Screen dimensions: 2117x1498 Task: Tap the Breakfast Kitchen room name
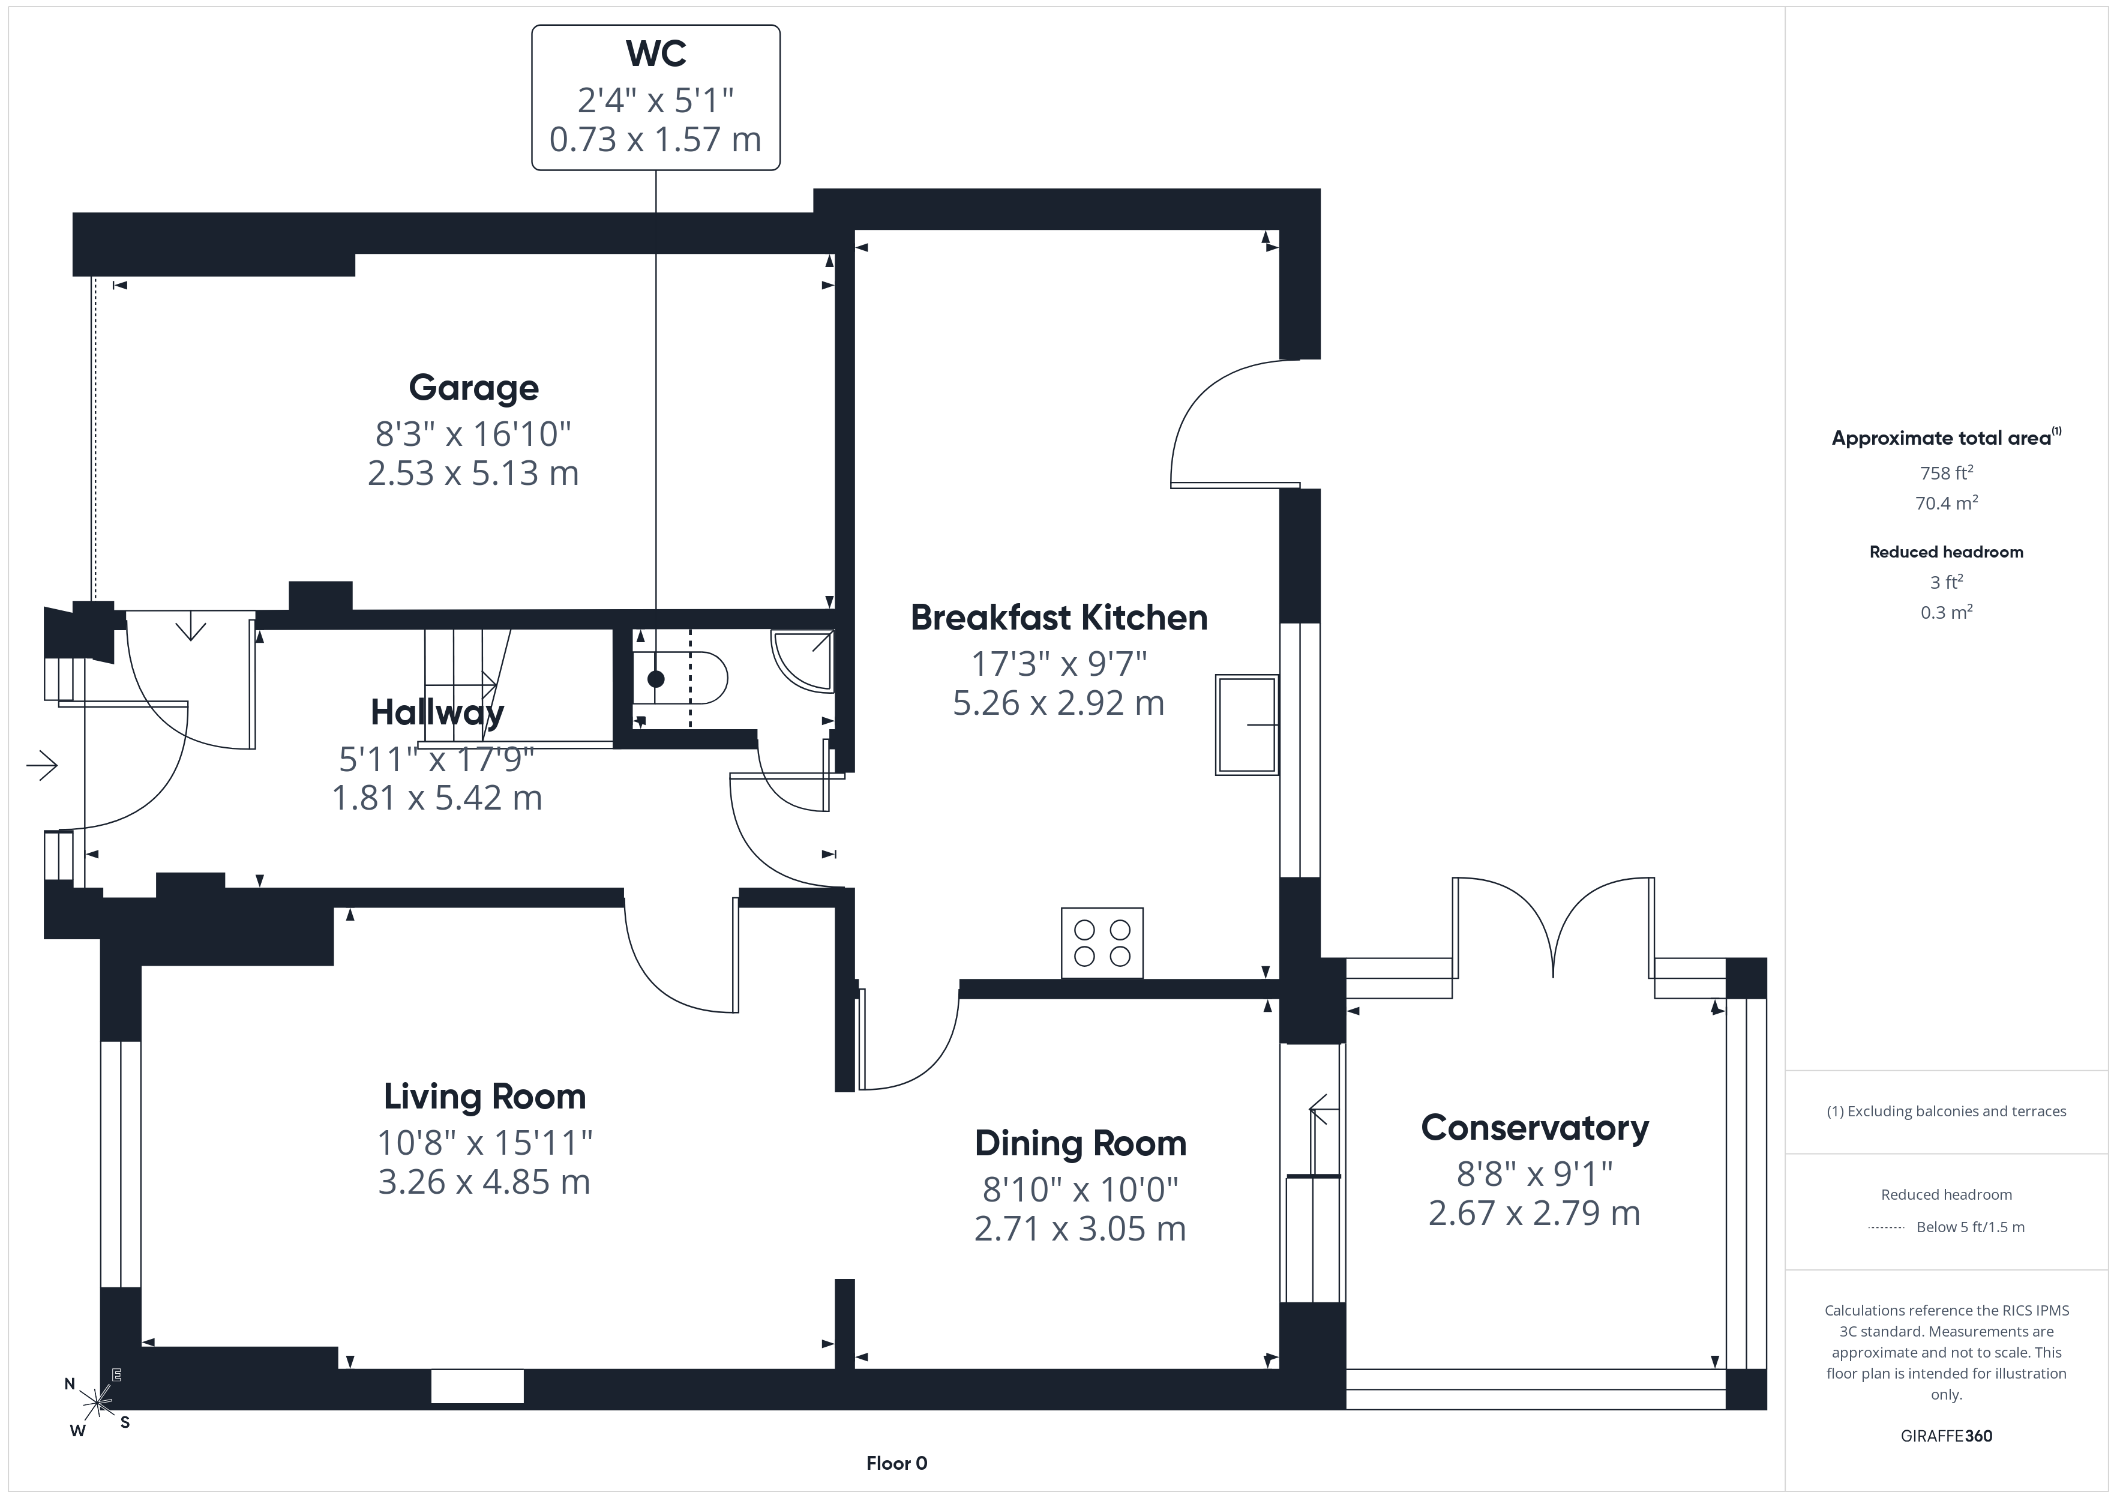1058,617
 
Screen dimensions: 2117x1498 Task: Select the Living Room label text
485,1096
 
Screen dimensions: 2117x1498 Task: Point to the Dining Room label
1081,1144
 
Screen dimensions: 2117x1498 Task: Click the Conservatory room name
1535,1128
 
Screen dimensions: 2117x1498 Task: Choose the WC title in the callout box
656,53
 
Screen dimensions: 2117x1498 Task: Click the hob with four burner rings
1102,943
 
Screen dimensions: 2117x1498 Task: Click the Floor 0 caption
896,1463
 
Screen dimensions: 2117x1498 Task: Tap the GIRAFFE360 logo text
1947,1436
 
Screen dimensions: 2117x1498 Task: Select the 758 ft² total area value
1947,472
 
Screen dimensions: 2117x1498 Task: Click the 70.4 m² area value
1947,503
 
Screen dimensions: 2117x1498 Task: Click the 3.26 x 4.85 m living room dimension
484,1182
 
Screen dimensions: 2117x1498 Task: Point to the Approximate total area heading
1943,438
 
